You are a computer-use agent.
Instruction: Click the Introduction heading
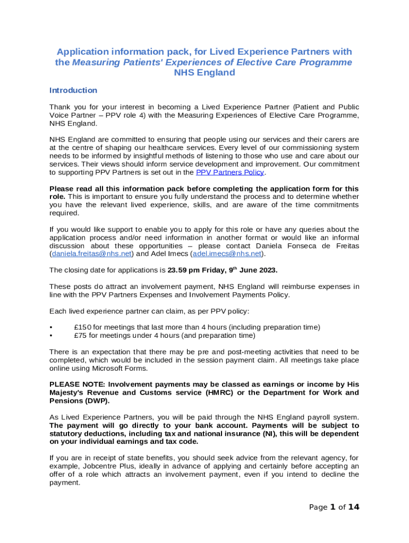pyautogui.click(x=73, y=90)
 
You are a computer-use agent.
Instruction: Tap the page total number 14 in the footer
pyautogui.click(x=354, y=507)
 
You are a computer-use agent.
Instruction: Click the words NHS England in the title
pyautogui.click(x=204, y=73)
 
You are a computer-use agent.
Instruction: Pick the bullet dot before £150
pyautogui.click(x=51, y=327)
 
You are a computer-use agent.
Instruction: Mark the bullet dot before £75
pyautogui.click(x=51, y=335)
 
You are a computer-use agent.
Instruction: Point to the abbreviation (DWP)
pyautogui.click(x=105, y=401)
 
